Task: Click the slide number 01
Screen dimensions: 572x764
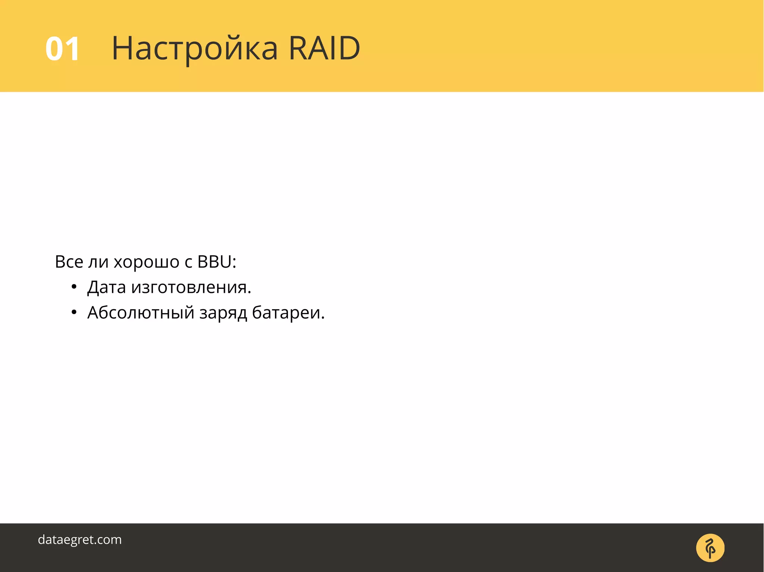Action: (62, 49)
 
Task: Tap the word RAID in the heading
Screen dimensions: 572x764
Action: (324, 48)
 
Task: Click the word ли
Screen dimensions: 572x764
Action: (98, 262)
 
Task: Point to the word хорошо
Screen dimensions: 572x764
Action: (146, 262)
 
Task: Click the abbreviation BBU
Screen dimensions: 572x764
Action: (214, 262)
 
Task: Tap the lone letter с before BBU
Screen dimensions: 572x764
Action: (188, 263)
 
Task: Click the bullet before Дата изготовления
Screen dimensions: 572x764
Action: (74, 287)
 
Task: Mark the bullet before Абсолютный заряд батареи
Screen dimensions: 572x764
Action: (74, 313)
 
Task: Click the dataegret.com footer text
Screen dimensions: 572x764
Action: (80, 540)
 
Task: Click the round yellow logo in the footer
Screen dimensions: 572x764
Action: (710, 548)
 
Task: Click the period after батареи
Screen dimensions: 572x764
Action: (323, 318)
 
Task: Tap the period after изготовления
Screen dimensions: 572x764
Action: (250, 293)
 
